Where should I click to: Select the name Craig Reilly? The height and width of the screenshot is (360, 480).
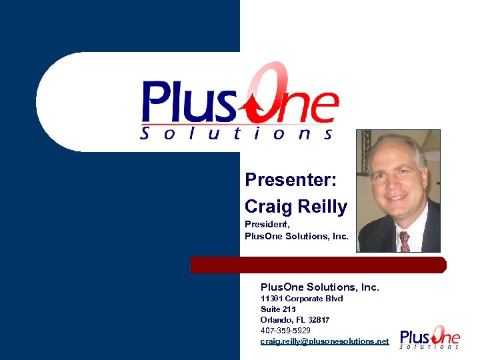click(x=296, y=207)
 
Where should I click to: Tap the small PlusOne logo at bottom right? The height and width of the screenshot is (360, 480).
click(x=429, y=337)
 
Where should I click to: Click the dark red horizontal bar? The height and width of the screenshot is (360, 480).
click(x=318, y=265)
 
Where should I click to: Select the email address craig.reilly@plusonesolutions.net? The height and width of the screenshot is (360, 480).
click(x=324, y=341)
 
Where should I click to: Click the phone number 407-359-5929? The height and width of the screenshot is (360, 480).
click(x=285, y=330)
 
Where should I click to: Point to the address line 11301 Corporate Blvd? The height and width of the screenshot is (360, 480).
click(x=301, y=299)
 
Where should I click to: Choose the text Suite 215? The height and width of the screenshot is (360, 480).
click(x=278, y=309)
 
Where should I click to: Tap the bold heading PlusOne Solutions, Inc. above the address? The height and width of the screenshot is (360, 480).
click(x=319, y=287)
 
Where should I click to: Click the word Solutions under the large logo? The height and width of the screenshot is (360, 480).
click(x=237, y=134)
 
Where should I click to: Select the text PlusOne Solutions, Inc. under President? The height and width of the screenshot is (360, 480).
click(x=297, y=236)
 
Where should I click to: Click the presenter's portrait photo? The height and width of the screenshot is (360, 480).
click(x=398, y=191)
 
